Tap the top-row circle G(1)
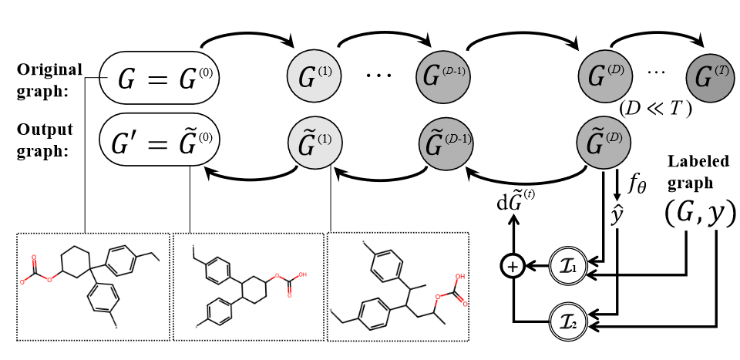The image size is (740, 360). pos(313,77)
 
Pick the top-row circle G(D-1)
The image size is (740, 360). pos(442,77)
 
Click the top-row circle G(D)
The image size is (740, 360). pos(604,77)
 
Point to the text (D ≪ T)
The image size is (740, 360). pos(655,109)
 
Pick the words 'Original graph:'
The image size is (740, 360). pos(49,78)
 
